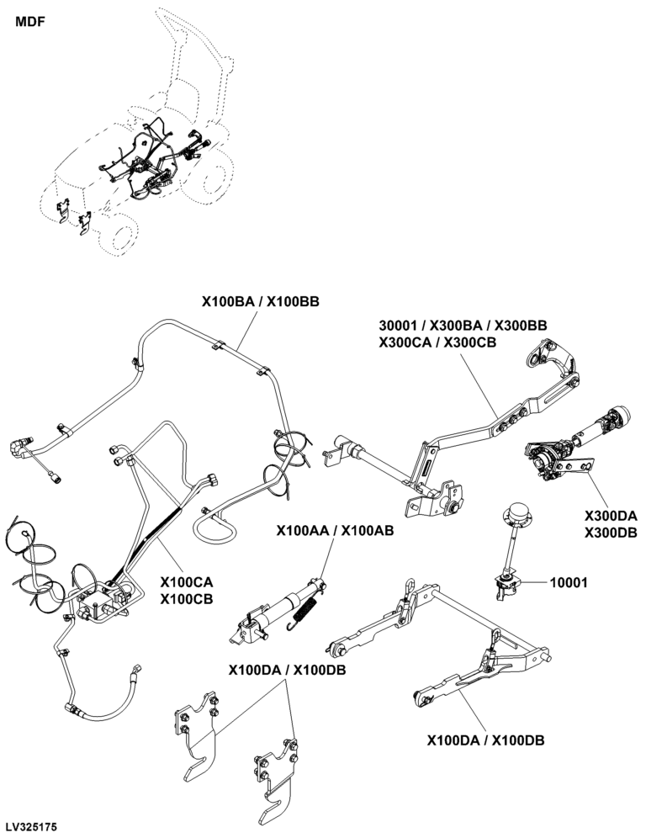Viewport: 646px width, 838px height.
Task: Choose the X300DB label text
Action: click(x=611, y=533)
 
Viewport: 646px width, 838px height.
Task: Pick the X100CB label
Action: click(x=186, y=599)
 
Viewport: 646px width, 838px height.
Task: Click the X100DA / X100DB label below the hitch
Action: click(x=485, y=740)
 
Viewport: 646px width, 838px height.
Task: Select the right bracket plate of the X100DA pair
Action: click(x=273, y=771)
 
